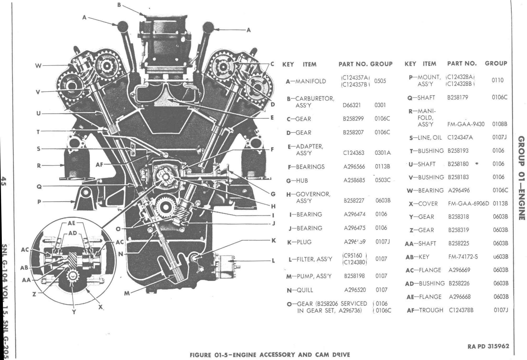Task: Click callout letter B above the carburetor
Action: click(x=119, y=5)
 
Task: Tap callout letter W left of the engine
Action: click(x=38, y=66)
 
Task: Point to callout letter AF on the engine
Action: click(x=99, y=165)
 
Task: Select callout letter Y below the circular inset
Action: click(x=74, y=312)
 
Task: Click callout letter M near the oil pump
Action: click(x=127, y=293)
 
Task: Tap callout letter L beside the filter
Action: click(x=273, y=261)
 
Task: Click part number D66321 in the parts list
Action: click(x=352, y=105)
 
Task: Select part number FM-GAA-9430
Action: click(x=466, y=124)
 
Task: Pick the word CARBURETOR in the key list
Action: click(x=315, y=99)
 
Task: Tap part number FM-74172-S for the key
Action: click(x=463, y=257)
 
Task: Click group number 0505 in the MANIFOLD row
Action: click(x=380, y=81)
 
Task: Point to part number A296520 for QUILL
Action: click(x=355, y=290)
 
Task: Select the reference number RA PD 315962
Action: click(x=488, y=346)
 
